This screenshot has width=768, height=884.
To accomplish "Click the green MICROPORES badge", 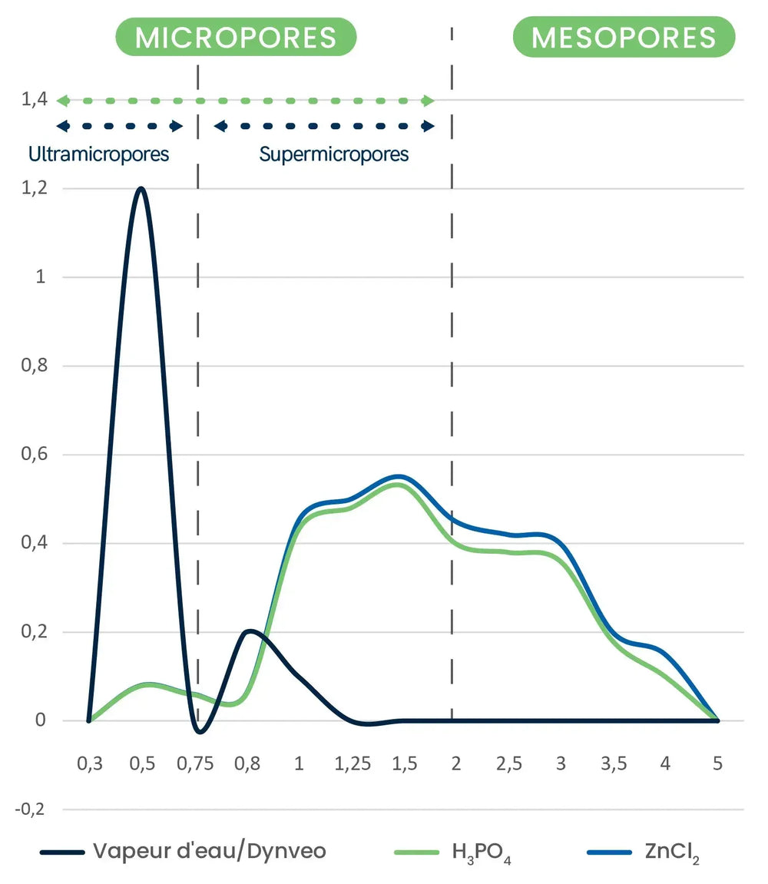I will click(x=236, y=37).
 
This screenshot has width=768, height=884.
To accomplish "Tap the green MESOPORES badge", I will click(x=624, y=37).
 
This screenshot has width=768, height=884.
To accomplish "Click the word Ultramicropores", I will click(x=99, y=154).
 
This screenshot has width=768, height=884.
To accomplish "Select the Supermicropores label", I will click(x=334, y=154).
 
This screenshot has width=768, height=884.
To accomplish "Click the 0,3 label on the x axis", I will click(x=90, y=763).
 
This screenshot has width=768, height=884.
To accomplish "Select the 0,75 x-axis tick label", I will click(x=195, y=763).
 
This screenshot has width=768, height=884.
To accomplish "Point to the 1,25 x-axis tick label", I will click(x=353, y=763).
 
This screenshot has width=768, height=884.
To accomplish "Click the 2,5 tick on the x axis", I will click(x=508, y=763).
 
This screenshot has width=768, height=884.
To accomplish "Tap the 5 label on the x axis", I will click(x=717, y=763).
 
